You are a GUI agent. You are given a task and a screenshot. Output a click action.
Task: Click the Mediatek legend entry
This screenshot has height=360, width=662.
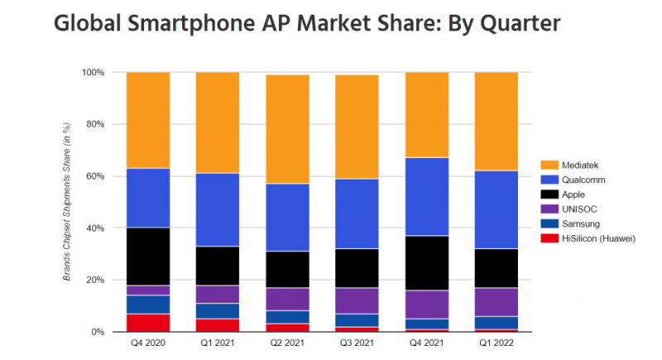[574, 165]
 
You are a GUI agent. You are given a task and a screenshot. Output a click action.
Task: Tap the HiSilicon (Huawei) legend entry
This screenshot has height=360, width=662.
[583, 238]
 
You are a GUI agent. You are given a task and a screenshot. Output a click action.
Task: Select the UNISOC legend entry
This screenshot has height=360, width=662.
[568, 209]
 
